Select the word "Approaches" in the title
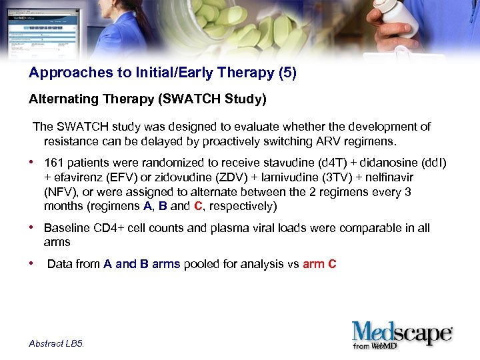pos(61,73)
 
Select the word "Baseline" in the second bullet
pos(66,229)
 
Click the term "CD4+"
pos(107,229)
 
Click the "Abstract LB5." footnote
pos(57,343)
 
